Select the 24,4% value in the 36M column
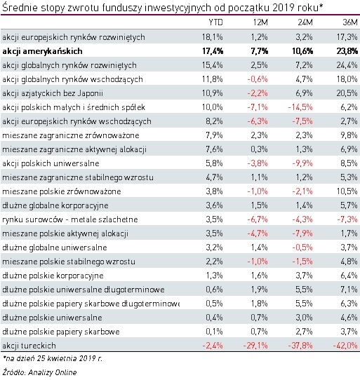[x=345, y=65]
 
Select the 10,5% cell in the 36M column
[x=345, y=191]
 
